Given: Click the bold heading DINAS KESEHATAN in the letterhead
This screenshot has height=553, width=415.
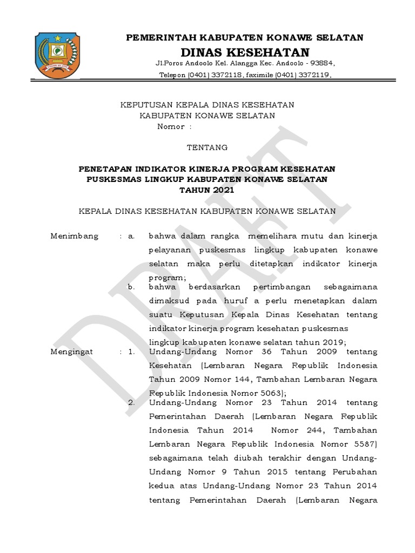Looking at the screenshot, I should [245, 52].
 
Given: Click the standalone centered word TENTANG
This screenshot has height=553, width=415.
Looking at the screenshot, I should [207, 147].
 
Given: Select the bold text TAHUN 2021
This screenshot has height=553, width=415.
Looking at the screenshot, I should [207, 190].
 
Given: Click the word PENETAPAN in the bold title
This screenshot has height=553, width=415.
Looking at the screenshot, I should [106, 169].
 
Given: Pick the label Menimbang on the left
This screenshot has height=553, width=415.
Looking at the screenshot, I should [75, 236].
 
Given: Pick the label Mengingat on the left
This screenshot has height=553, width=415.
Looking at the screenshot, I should [71, 352].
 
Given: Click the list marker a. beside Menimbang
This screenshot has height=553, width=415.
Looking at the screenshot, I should [131, 236].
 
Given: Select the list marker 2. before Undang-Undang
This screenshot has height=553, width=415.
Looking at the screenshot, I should [131, 402].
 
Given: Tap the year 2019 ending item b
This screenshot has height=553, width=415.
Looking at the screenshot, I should [332, 342].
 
